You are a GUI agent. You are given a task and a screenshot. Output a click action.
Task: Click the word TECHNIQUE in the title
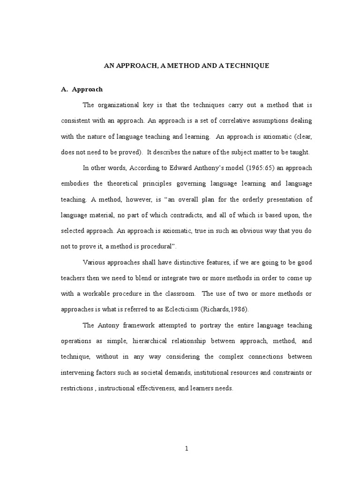[x=247, y=66]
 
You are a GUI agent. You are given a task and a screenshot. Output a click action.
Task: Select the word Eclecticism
[x=208, y=309]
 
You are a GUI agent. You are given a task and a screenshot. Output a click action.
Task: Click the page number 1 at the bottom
[x=186, y=449]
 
